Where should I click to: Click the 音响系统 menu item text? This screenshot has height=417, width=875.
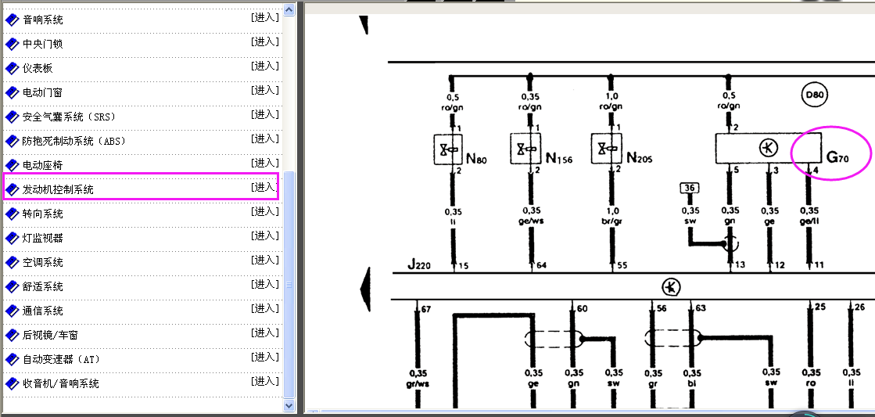tap(43, 20)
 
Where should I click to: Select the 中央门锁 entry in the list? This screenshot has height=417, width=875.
tap(43, 44)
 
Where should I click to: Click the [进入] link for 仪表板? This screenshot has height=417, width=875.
tap(265, 66)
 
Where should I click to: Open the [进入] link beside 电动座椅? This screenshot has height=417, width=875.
tap(265, 163)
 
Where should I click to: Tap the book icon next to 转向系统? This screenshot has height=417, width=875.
tap(12, 214)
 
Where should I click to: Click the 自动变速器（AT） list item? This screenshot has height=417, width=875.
tap(62, 360)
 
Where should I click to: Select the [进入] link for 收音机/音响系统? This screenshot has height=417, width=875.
tap(265, 381)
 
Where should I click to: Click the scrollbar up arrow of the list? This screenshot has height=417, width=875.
tap(289, 9)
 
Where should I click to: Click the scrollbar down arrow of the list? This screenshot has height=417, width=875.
tap(289, 405)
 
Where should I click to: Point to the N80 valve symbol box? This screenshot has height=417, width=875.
tap(448, 149)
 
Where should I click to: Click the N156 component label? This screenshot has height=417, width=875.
tap(559, 159)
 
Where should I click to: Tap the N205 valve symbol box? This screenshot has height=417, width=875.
tap(607, 149)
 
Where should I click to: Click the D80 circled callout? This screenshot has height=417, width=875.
tap(814, 95)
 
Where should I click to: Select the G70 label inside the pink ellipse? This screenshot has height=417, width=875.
tap(837, 158)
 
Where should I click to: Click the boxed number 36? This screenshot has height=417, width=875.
tap(690, 188)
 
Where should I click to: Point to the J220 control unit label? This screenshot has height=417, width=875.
tap(419, 264)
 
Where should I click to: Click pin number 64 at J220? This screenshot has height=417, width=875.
tap(541, 265)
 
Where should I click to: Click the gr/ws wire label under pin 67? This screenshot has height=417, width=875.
tap(418, 383)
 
